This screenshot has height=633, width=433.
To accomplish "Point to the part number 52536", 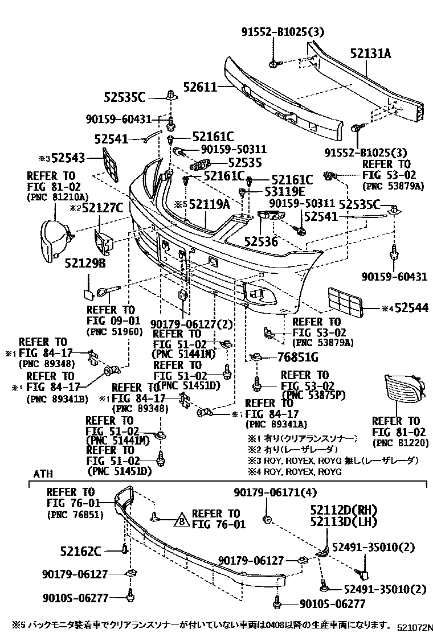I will (x=261, y=241).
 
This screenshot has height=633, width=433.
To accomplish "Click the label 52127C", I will (x=103, y=208).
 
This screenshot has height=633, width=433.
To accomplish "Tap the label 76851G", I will (x=297, y=357).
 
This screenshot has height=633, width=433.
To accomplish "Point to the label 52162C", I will (x=80, y=550).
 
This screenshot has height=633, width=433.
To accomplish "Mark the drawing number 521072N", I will (x=413, y=626).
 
